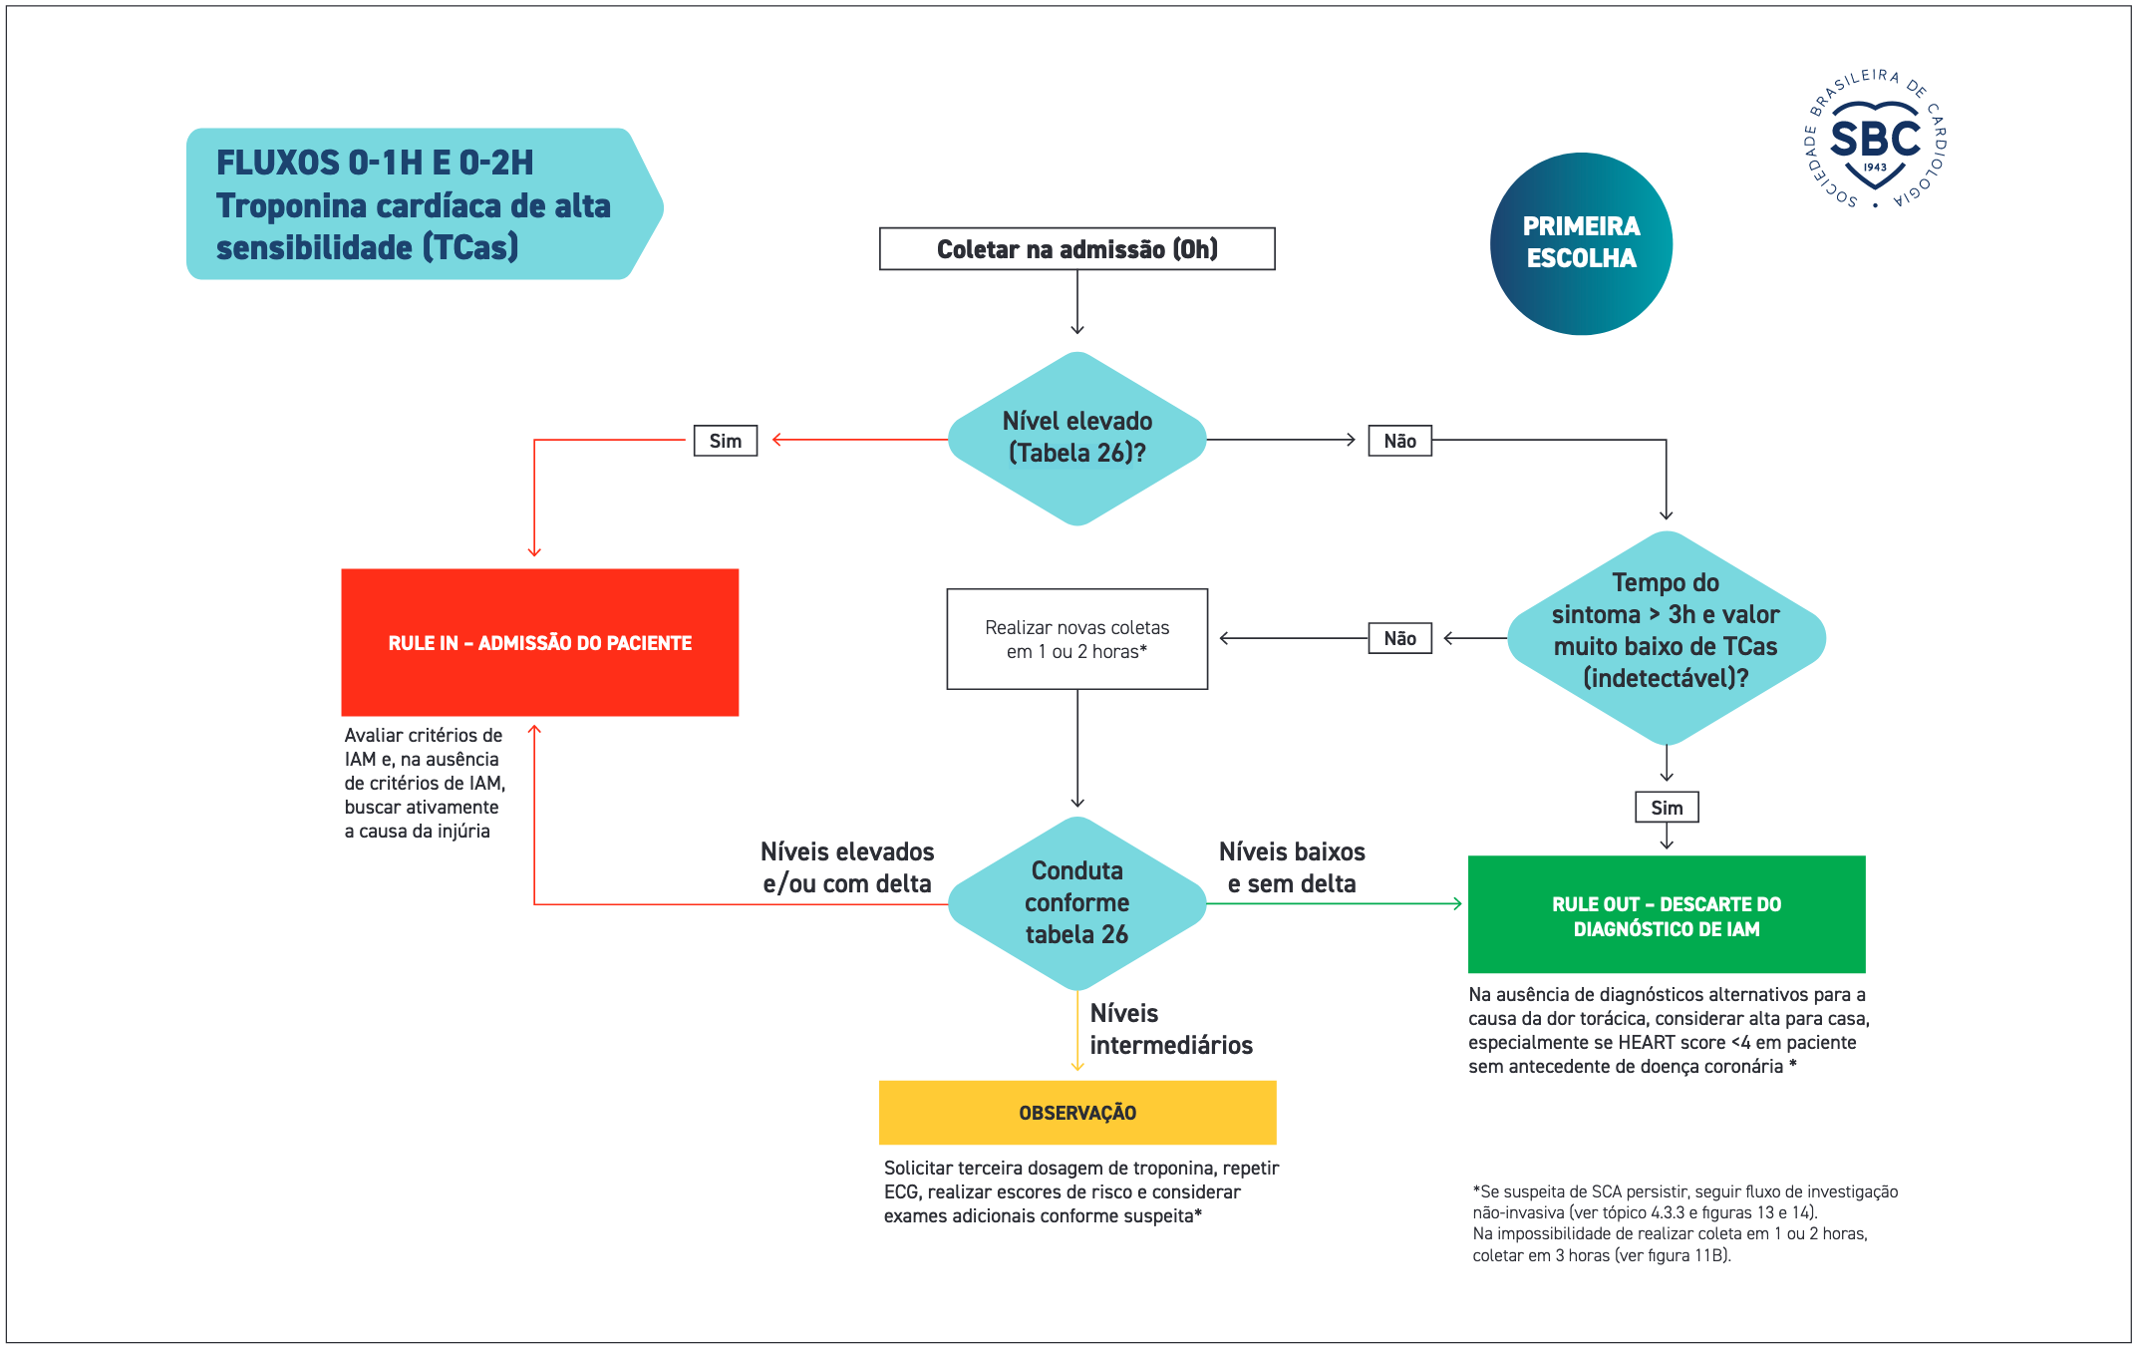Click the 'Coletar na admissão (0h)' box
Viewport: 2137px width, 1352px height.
click(x=1076, y=248)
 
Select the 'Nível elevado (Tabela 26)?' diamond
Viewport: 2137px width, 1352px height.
click(x=1077, y=438)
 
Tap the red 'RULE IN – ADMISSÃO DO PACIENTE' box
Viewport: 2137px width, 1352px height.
click(x=539, y=642)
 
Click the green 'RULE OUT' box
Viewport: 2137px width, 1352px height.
click(x=1667, y=914)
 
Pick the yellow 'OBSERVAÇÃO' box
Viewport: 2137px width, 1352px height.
click(x=1077, y=1113)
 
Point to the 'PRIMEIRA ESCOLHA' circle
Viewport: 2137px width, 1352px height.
click(x=1581, y=243)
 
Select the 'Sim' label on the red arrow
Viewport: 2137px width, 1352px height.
click(x=726, y=441)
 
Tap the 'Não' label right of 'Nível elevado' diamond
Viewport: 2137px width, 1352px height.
click(x=1400, y=441)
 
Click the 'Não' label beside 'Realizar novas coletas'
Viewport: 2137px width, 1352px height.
click(x=1400, y=638)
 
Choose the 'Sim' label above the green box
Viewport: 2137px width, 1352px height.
click(x=1667, y=808)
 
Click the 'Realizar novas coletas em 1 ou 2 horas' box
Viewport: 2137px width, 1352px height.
click(x=1077, y=639)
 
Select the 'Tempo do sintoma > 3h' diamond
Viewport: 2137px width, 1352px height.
click(x=1667, y=638)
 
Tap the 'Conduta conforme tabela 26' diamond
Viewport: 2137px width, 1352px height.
click(x=1077, y=903)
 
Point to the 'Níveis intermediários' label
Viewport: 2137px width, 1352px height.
click(x=1171, y=1029)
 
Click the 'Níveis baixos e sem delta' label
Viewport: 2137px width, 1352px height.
click(x=1292, y=867)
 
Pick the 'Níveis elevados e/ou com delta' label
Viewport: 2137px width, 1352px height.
click(x=847, y=867)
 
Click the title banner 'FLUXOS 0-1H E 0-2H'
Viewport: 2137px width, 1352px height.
click(x=425, y=203)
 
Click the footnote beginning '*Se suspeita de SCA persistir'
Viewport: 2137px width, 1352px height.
click(x=1685, y=1223)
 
